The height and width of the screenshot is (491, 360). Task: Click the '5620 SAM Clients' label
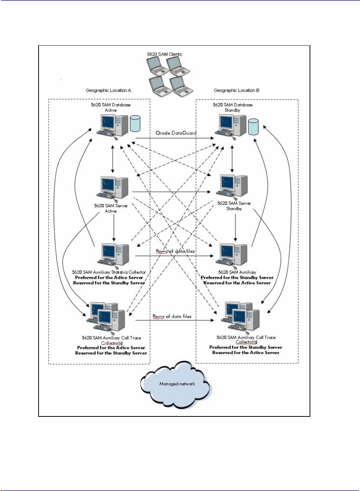[x=164, y=54]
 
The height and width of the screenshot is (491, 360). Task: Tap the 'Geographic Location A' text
[x=108, y=90]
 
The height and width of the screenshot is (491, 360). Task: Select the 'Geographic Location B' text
[x=237, y=90]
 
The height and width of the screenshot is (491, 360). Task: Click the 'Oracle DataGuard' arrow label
[x=176, y=133]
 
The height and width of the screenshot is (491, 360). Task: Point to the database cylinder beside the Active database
[x=135, y=123]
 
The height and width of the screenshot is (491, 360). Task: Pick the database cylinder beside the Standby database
[x=253, y=127]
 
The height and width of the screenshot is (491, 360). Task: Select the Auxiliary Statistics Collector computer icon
[x=115, y=255]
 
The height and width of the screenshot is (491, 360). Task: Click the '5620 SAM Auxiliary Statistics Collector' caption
[x=109, y=272]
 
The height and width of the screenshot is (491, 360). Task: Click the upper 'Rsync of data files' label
[x=175, y=251]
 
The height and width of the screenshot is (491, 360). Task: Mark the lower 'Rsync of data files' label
[x=172, y=317]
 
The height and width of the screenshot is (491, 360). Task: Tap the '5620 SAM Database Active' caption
[x=111, y=108]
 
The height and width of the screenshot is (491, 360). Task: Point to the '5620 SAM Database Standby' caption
[x=232, y=108]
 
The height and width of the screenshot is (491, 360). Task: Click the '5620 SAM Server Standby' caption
[x=234, y=206]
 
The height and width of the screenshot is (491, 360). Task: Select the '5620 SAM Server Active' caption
[x=111, y=208]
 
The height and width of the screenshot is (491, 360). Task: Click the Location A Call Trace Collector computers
[x=106, y=317]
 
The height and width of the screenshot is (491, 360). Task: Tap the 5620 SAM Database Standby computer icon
[x=232, y=125]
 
